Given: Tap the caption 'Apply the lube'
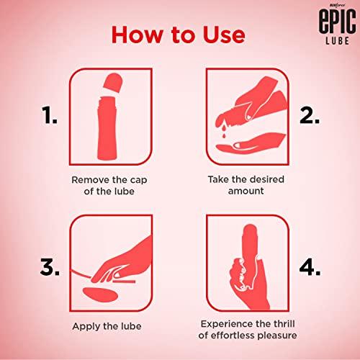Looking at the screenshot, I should (x=109, y=325).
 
